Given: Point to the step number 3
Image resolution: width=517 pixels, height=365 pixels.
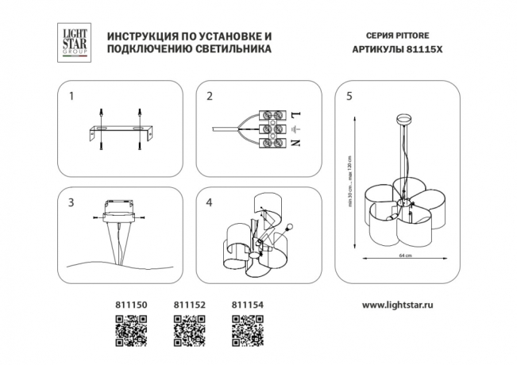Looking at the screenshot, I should pos(71,202).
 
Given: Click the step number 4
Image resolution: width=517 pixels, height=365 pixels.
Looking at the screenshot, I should pos(210,202).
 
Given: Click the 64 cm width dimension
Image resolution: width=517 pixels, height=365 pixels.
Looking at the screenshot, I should pos(403,256).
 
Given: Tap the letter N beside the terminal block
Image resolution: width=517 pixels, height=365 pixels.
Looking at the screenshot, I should pos(296,144).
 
